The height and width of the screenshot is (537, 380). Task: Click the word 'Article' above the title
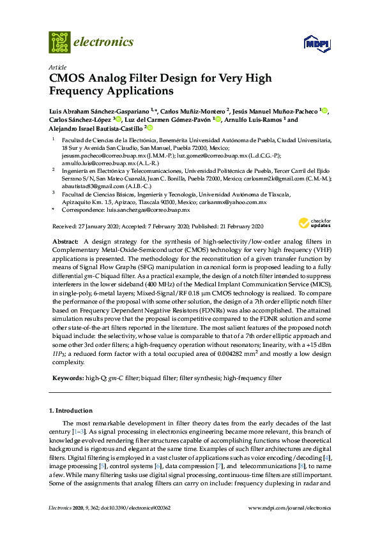(57, 67)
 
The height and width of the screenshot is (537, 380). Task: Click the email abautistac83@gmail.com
(79, 187)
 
